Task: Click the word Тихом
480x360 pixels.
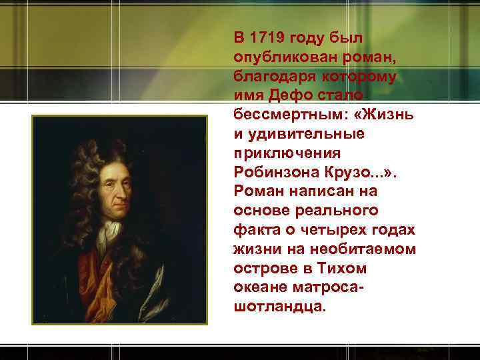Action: point(342,269)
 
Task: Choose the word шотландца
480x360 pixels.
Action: point(278,307)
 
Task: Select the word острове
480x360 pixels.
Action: point(263,269)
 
